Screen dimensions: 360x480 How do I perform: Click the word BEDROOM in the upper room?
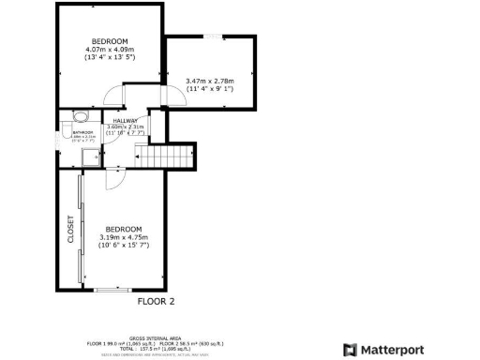coord(110,40)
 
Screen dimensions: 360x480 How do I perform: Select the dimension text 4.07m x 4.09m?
coord(110,49)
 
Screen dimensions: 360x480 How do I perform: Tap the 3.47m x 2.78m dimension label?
coord(209,82)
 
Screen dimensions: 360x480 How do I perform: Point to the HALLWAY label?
coord(126,121)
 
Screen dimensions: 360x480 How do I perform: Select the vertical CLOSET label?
coord(71,230)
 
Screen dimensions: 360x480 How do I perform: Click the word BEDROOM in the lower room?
coord(123,230)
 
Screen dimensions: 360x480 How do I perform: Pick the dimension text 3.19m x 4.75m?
coord(123,238)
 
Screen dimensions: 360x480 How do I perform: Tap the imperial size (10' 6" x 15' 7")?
coord(123,247)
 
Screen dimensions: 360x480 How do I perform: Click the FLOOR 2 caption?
coord(157,302)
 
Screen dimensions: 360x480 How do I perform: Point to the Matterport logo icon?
coord(349,350)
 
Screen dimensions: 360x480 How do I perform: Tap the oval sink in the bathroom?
coord(81,116)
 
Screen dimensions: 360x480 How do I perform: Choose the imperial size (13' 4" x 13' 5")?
coord(110,57)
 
